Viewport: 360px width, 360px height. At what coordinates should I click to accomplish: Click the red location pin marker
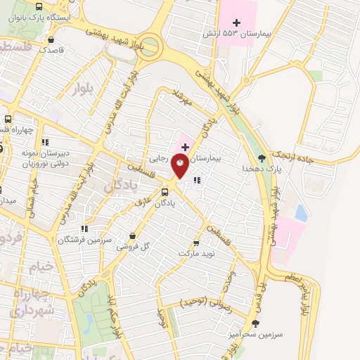coord(181,164)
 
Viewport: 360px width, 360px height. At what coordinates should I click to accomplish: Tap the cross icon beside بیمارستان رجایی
coord(185,146)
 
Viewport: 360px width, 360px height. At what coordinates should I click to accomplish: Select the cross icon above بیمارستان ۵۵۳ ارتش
coord(246,82)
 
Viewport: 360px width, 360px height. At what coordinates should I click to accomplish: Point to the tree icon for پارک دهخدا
coord(262,157)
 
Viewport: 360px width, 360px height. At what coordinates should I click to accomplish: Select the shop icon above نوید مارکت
coord(196,239)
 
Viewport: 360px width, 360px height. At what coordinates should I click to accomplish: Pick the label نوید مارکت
coord(195,251)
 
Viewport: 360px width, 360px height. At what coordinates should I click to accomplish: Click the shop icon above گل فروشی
coord(132,236)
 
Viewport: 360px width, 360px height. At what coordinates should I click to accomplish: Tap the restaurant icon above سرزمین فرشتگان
coord(84,228)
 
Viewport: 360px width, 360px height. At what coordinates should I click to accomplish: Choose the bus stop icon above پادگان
coord(165,191)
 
